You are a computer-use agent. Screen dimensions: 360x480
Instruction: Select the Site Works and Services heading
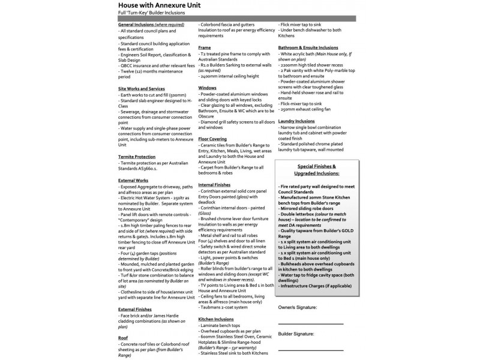pyautogui.click(x=141, y=88)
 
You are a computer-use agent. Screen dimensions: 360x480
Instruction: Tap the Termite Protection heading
pyautogui.click(x=137, y=156)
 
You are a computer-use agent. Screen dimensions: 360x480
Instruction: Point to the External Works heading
pyautogui.click(x=133, y=179)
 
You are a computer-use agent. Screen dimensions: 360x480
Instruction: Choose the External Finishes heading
pyautogui.click(x=136, y=309)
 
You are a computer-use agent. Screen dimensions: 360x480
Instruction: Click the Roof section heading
pyautogui.click(x=123, y=338)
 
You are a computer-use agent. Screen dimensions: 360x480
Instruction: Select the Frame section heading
pyautogui.click(x=204, y=47)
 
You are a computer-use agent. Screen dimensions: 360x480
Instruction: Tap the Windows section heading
pyautogui.click(x=207, y=88)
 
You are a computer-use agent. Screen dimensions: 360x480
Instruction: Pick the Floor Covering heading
pyautogui.click(x=212, y=139)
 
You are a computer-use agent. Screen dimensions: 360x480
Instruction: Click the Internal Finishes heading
pyautogui.click(x=214, y=184)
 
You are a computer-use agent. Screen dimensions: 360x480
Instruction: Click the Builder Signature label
pyautogui.click(x=296, y=334)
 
